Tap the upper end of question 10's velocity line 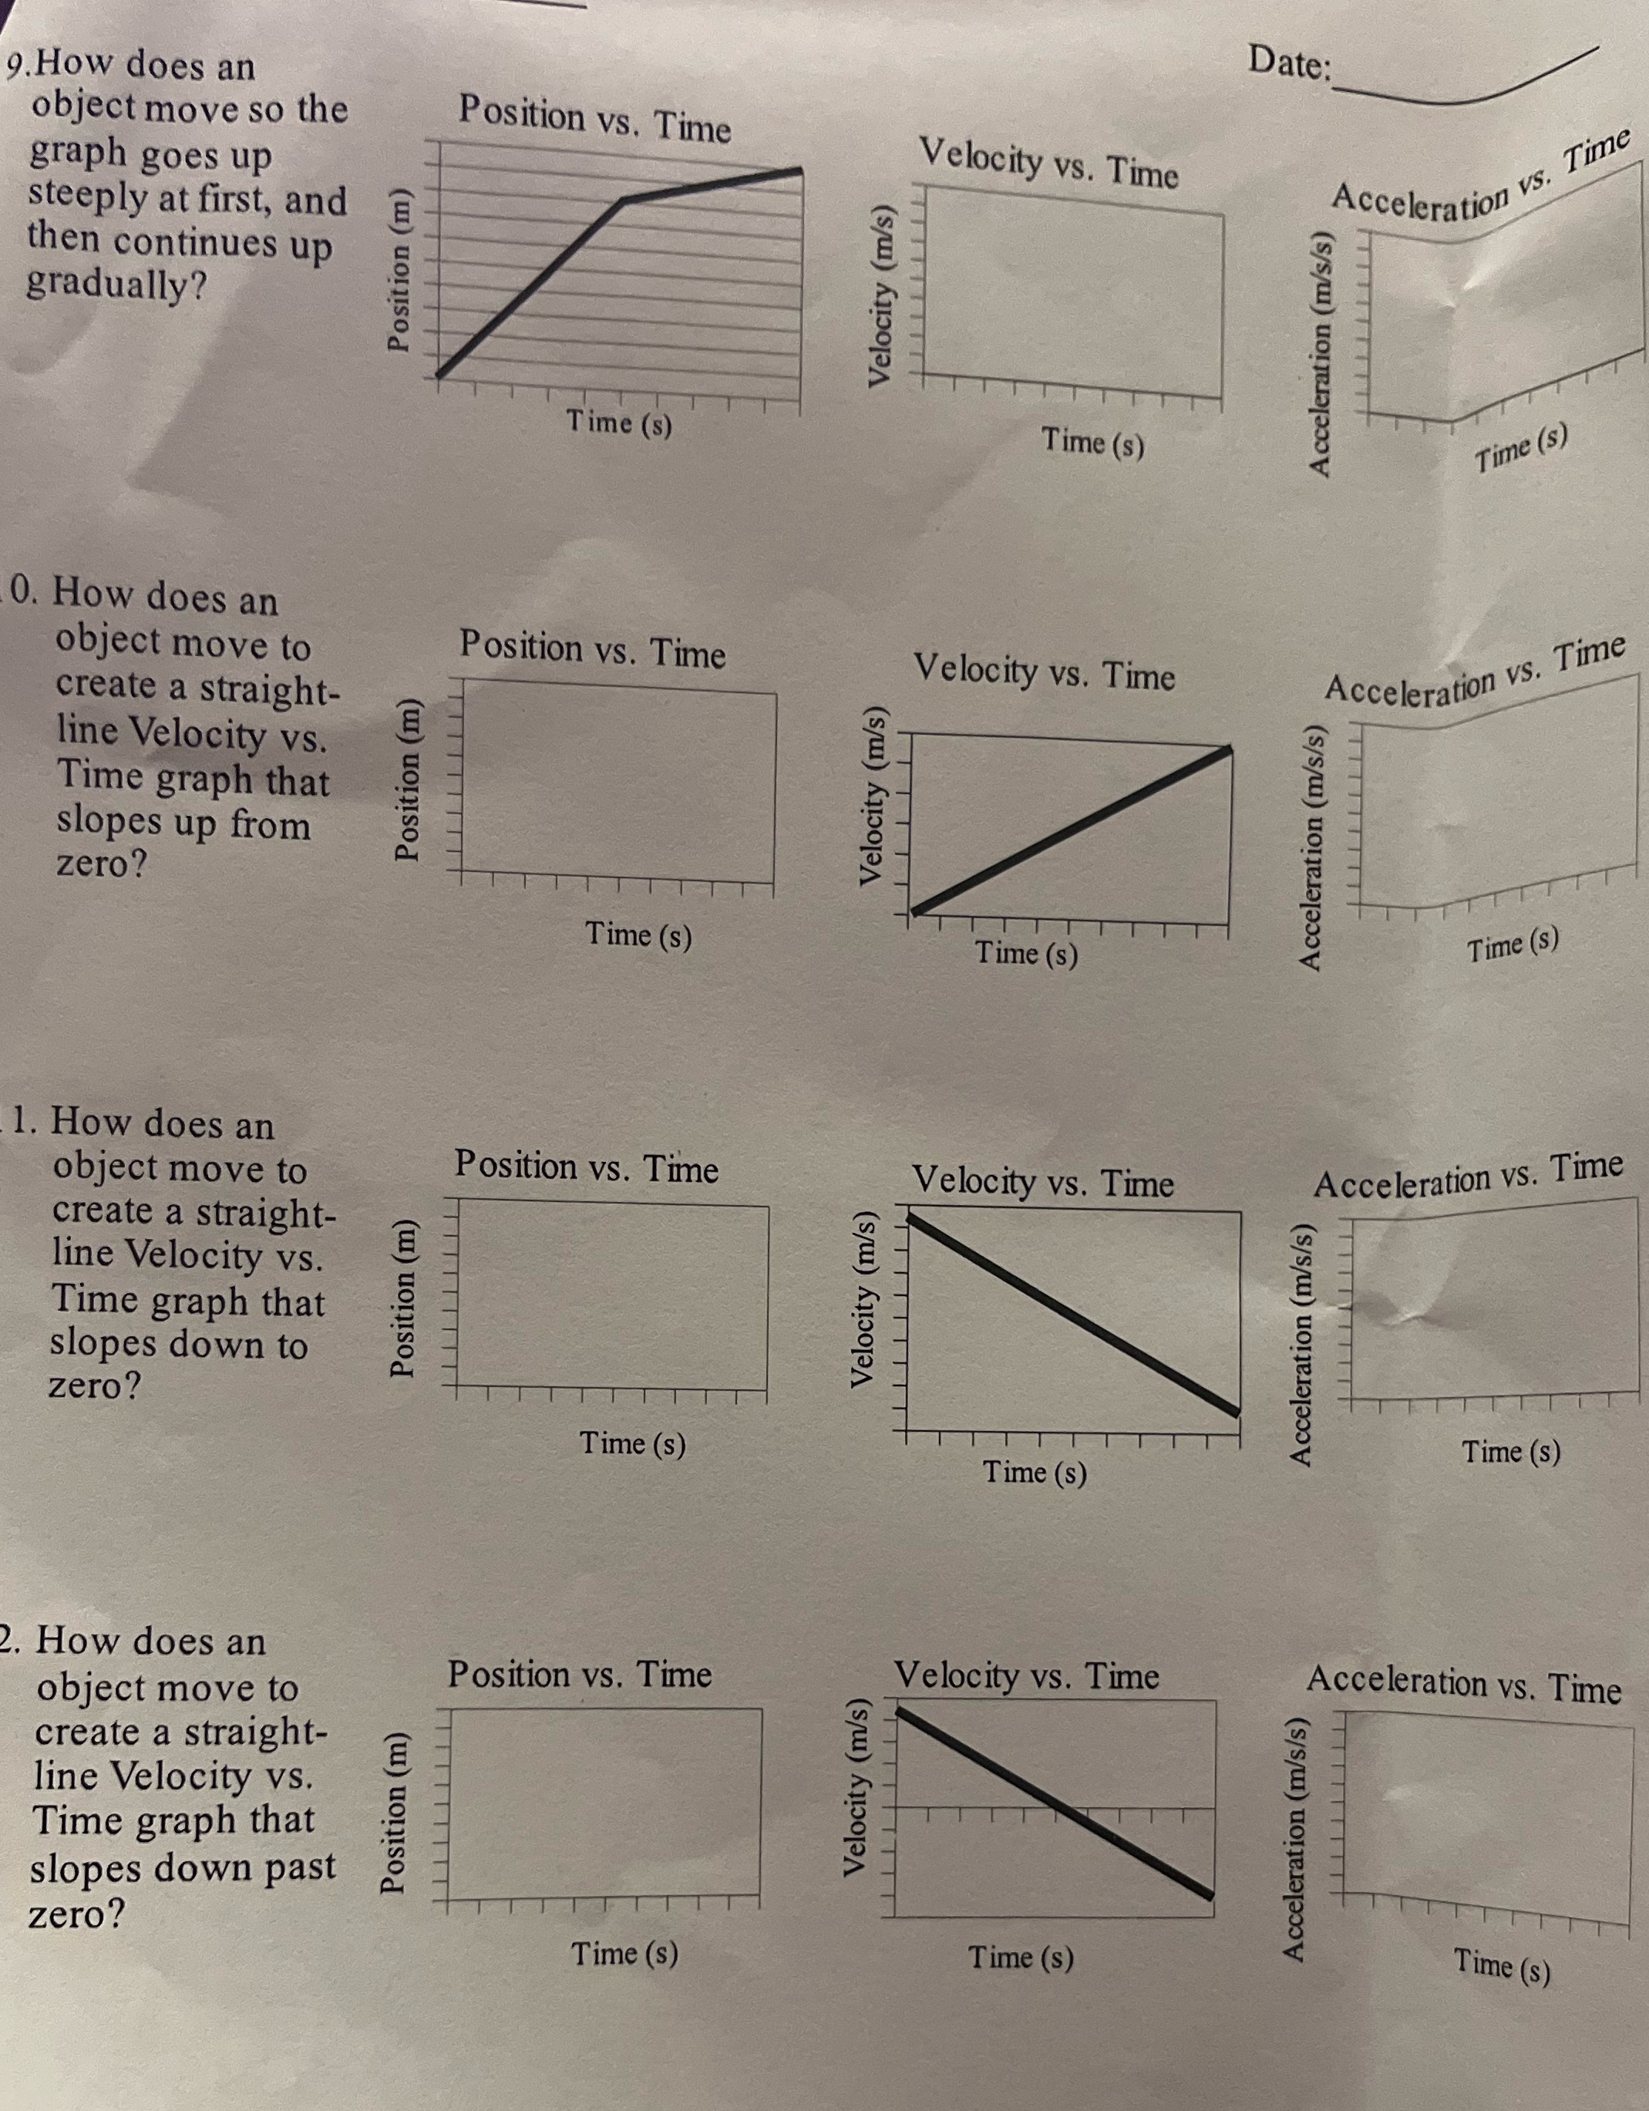click(1229, 749)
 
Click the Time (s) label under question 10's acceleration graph click(1513, 945)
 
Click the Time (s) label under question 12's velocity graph click(1021, 1958)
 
